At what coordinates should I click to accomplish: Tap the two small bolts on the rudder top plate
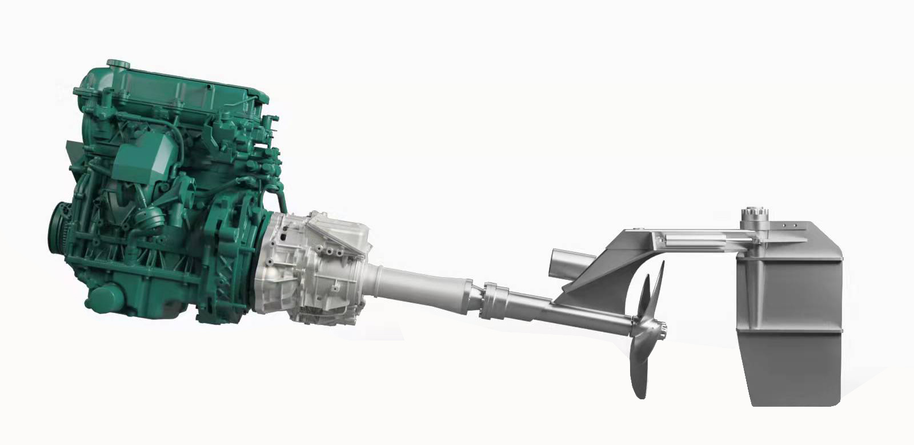point(789,226)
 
